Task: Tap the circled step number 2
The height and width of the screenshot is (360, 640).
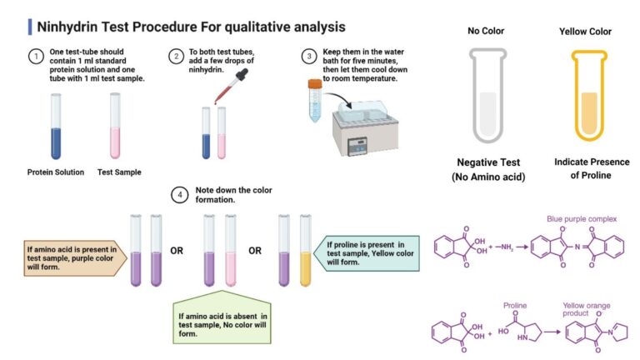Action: tap(175, 57)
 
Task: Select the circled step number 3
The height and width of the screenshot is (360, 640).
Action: tap(308, 57)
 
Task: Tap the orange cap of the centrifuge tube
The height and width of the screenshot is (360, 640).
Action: tap(315, 84)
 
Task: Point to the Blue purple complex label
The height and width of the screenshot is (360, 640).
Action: tap(582, 219)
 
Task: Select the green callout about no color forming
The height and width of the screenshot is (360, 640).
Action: tap(220, 320)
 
